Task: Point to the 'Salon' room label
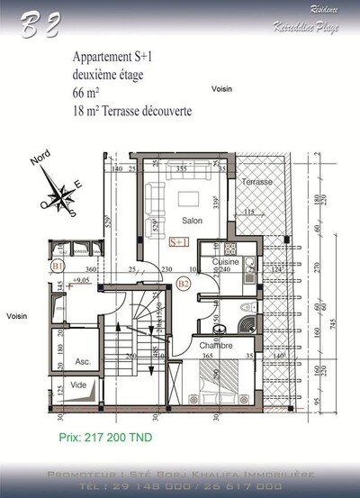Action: coord(192,221)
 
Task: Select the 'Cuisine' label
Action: coord(226,261)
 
